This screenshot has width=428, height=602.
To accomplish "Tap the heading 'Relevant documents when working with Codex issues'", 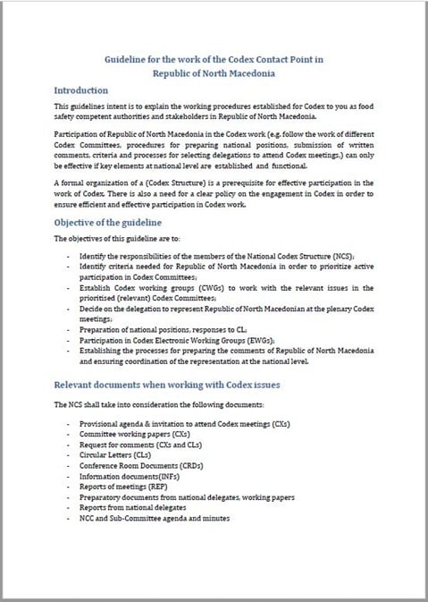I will click(x=168, y=384).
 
